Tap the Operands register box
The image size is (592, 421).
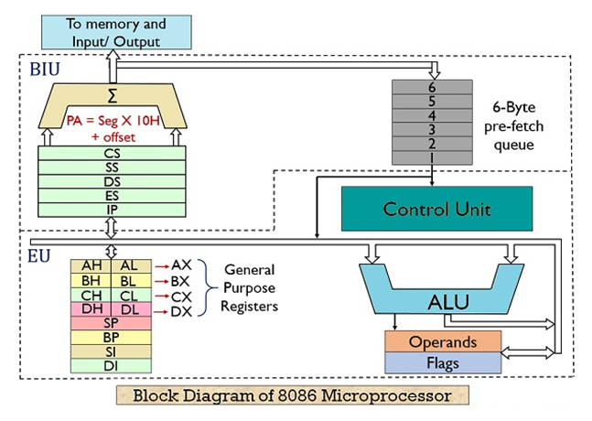pyautogui.click(x=443, y=342)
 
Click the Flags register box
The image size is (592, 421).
pyautogui.click(x=443, y=362)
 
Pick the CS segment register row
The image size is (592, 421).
pyautogui.click(x=112, y=154)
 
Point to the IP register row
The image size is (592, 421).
pyautogui.click(x=112, y=209)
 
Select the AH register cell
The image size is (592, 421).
pyautogui.click(x=91, y=264)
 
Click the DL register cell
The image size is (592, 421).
pyautogui.click(x=130, y=311)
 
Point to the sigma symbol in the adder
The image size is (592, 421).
pyautogui.click(x=112, y=95)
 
